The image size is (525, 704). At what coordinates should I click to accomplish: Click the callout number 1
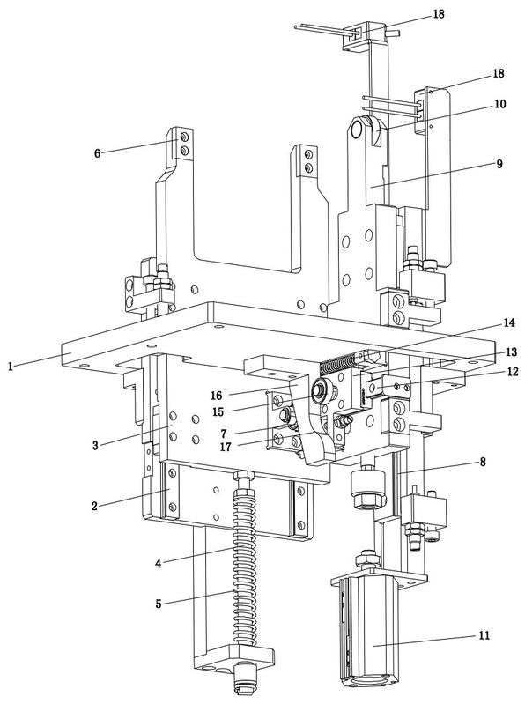(x=10, y=366)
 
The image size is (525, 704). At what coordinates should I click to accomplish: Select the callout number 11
(x=484, y=635)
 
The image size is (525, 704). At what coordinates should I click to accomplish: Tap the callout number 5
(x=159, y=604)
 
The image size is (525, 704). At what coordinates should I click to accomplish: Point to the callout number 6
(x=98, y=153)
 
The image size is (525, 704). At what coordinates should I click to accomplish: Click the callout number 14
(x=509, y=322)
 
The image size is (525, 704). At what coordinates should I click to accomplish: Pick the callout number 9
(x=499, y=163)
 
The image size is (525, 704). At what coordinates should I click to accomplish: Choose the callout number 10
(x=499, y=104)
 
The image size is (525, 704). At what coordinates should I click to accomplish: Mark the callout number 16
(x=217, y=395)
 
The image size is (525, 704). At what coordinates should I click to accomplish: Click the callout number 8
(x=483, y=462)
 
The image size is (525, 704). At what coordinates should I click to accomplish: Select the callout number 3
(x=95, y=445)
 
